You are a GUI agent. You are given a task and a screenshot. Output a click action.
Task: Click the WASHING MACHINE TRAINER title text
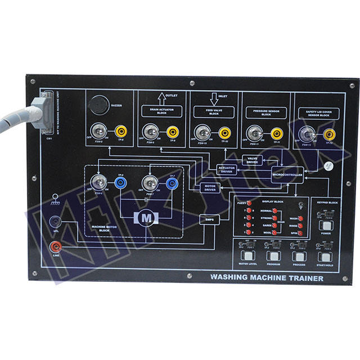click(x=267, y=277)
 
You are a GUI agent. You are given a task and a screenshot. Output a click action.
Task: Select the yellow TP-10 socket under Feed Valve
click(x=224, y=133)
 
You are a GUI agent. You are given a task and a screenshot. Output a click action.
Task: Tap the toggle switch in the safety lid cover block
click(x=306, y=134)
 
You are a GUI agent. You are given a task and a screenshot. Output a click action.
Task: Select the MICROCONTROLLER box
click(x=288, y=175)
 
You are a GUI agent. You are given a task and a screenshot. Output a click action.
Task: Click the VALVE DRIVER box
click(x=253, y=160)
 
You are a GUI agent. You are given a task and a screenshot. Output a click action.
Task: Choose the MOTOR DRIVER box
click(x=210, y=188)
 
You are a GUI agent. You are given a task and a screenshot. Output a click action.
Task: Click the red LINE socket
click(x=55, y=247)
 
